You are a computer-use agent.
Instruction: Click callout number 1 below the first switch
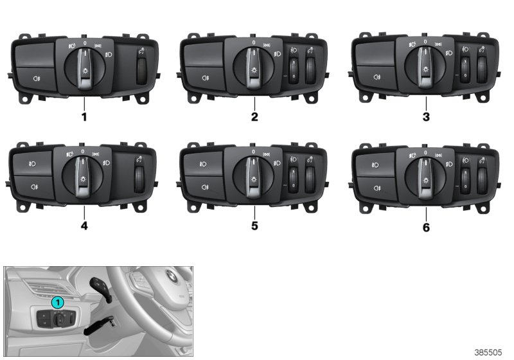point(84,117)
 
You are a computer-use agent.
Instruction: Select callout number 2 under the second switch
point(254,117)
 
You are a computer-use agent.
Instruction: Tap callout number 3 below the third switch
point(426,117)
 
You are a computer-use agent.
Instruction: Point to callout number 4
point(84,226)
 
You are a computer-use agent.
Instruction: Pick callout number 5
point(254,226)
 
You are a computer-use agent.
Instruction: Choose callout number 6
point(426,227)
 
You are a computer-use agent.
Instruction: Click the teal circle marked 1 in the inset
point(58,303)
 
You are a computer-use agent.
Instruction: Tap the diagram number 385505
point(488,352)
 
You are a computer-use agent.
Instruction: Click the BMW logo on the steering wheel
point(172,276)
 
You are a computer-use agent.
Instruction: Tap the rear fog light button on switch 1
point(35,78)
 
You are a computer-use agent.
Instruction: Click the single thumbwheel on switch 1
point(141,71)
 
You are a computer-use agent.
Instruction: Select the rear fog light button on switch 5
point(204,188)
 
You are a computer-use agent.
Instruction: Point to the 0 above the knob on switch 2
point(253,42)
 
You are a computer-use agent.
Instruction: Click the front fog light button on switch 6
point(375,165)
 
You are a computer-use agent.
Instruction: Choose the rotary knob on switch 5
point(253,176)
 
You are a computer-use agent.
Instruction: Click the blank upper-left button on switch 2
point(204,55)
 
